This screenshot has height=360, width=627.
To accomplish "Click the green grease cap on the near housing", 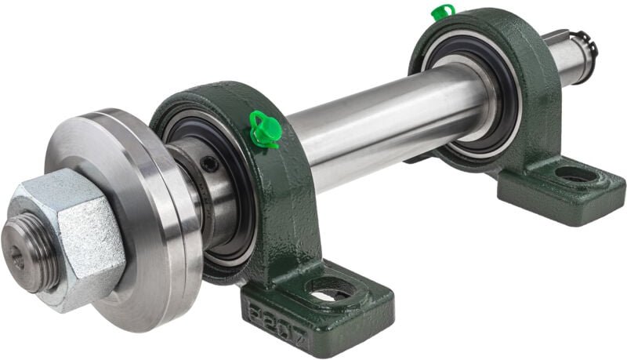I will [264, 129].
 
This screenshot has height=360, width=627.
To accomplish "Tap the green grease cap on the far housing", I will [443, 13].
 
